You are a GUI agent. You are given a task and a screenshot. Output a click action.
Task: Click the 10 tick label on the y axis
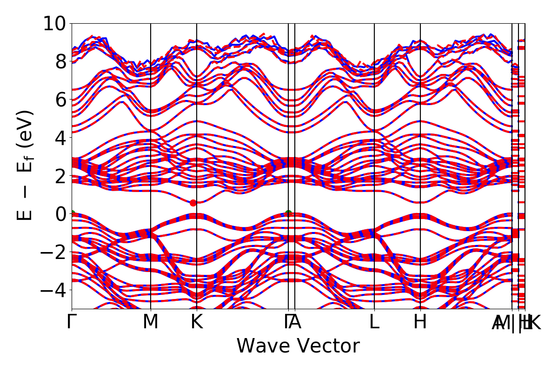(55, 23)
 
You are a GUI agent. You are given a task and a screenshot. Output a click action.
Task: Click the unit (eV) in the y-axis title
(27, 130)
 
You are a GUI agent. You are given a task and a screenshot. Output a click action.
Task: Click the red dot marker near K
(193, 203)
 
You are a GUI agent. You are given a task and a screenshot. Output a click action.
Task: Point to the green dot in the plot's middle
(288, 213)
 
